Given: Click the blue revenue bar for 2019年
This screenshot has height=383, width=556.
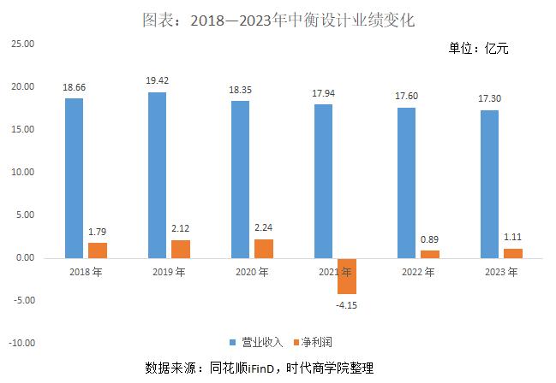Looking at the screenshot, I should (x=157, y=174).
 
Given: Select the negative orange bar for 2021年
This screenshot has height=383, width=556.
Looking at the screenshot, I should (x=346, y=275).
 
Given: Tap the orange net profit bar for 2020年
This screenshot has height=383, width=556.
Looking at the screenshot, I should (x=265, y=248).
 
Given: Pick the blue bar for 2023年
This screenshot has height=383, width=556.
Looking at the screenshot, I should (x=489, y=183).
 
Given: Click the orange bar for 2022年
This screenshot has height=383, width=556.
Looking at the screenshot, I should (x=429, y=254).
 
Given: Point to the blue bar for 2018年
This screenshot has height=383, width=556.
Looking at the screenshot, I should (x=74, y=178).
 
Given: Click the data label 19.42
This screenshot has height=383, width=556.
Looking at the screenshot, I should (x=157, y=81).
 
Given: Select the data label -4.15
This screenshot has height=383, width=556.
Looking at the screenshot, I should (x=346, y=305).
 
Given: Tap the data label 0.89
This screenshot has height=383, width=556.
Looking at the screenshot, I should (x=430, y=240).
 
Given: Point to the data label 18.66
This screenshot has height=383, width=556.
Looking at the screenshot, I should (x=74, y=87).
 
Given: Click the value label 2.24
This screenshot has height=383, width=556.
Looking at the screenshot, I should (x=265, y=228).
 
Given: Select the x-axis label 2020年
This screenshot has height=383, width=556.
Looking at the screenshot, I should (x=252, y=272).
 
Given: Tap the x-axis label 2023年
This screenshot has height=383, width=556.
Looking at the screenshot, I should (x=500, y=272).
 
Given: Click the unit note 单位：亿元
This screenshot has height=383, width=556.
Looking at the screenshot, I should (x=478, y=49).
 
